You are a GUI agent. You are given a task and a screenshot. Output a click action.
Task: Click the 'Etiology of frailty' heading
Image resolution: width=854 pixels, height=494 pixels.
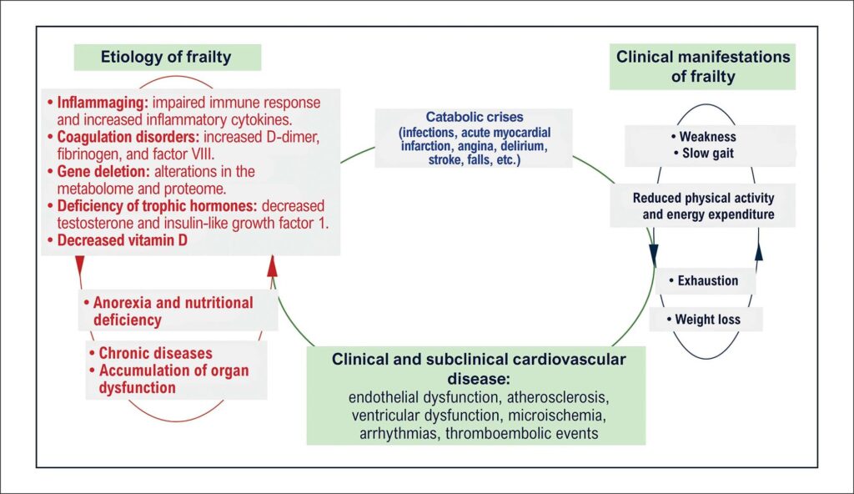coord(166,57)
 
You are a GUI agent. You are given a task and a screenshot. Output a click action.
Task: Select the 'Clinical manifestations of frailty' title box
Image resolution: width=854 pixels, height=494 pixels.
coord(702,67)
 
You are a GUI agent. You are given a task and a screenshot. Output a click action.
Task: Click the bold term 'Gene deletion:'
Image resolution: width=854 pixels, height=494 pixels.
coord(103,171)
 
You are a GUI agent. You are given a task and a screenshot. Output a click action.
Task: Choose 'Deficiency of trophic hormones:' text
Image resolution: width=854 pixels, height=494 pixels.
coord(157,206)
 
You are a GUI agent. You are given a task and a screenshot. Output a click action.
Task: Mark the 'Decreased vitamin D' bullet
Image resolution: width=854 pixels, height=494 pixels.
coord(118,240)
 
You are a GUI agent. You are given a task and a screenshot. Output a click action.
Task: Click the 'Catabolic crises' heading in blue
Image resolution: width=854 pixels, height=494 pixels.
coord(475,117)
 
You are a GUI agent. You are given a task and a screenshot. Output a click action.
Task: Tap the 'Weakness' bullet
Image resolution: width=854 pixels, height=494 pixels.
coord(703,137)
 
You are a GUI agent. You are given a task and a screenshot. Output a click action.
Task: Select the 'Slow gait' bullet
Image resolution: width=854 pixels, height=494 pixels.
coord(704,154)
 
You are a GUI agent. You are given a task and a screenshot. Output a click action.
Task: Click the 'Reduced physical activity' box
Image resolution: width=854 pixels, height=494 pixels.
coord(702,205)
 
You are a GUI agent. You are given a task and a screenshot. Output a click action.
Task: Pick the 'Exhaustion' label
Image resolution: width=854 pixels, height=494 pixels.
coord(704,281)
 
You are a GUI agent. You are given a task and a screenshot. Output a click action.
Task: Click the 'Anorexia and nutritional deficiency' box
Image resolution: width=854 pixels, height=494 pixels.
coord(178,310)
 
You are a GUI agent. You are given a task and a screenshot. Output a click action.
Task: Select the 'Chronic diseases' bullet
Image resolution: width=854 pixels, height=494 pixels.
coord(151,353)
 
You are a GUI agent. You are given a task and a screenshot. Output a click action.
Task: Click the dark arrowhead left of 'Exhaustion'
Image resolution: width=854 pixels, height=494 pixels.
coord(654,255)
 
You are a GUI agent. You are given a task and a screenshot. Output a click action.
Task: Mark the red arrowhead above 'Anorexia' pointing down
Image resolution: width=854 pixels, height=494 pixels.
coord(80,265)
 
